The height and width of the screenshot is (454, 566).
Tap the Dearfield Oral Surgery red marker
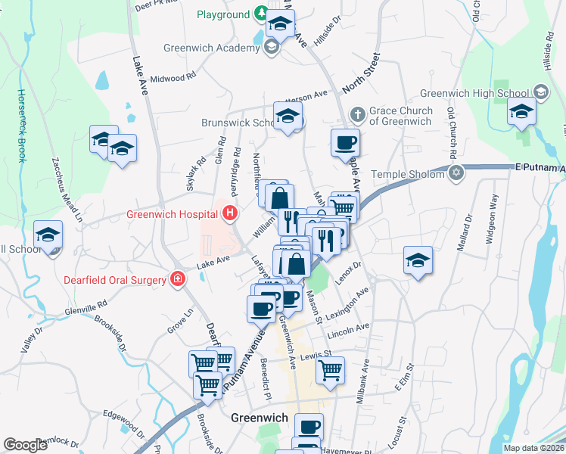click(x=177, y=280)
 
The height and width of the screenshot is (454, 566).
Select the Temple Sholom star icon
click(x=455, y=174)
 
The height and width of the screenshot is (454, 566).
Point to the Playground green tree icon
click(x=260, y=14)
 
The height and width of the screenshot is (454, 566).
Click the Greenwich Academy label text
click(x=212, y=48)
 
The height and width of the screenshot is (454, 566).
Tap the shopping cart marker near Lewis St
click(x=330, y=370)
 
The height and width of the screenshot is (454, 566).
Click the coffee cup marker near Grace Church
click(x=345, y=141)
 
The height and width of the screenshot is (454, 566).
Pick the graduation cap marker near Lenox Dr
click(x=417, y=260)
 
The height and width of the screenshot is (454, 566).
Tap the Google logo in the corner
click(x=25, y=445)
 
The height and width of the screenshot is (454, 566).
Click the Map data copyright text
click(x=533, y=448)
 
